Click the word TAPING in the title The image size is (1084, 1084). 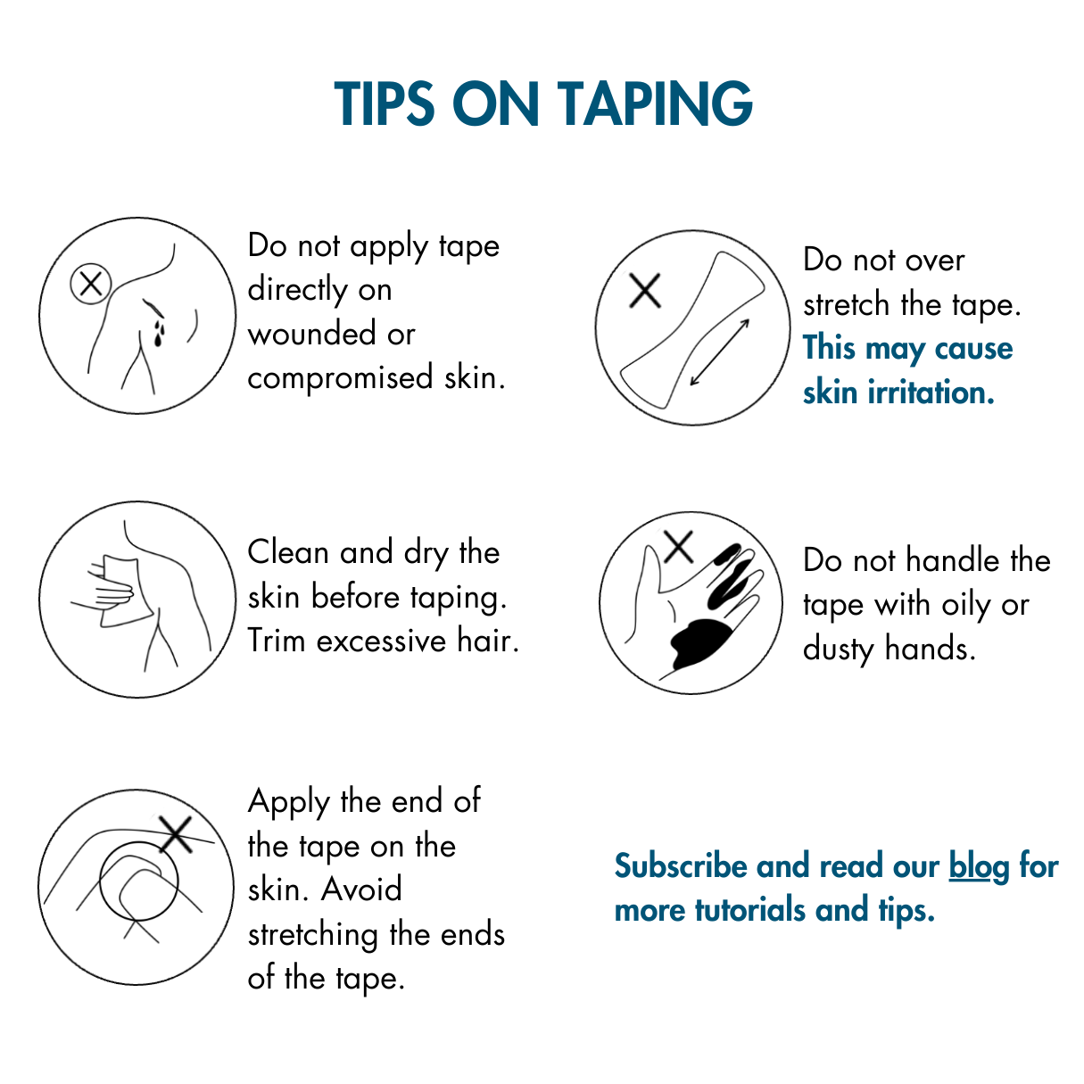point(656,103)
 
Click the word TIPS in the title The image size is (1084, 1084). point(385,103)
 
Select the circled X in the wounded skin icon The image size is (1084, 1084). point(91,284)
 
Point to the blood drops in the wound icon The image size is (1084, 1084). point(159,333)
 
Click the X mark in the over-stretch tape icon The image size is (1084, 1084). point(645,291)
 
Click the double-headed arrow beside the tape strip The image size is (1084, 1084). point(719,352)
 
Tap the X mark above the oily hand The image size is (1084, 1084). point(678,546)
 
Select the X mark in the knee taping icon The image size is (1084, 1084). point(176,834)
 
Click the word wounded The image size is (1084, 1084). point(312,334)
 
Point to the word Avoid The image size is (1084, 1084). point(362,890)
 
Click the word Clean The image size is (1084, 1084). point(289,552)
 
